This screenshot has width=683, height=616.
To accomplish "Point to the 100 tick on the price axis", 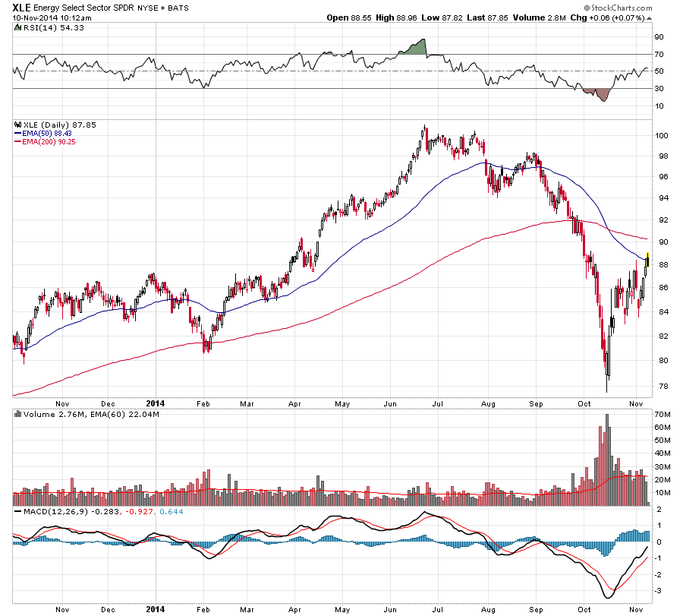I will coord(662,135).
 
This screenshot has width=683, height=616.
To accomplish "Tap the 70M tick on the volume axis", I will coord(663,415).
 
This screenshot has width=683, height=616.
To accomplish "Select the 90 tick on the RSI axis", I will coord(659,37).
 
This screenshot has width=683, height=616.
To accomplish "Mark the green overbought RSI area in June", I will coord(416,47).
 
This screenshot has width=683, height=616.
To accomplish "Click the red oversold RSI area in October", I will coord(602,94).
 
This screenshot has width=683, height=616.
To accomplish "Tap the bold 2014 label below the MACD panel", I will coord(155,609).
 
